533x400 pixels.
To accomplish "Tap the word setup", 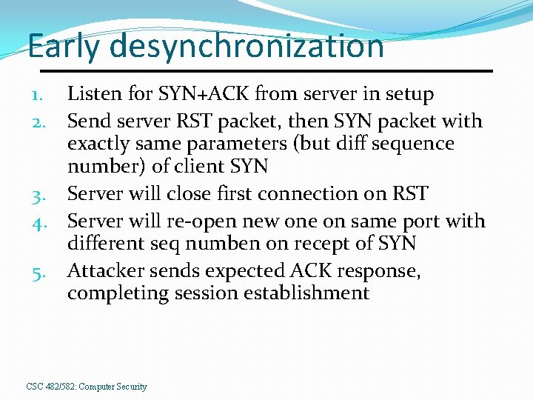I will [406, 94].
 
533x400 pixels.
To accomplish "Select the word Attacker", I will [105, 270].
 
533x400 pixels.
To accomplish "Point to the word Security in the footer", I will [131, 387].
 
